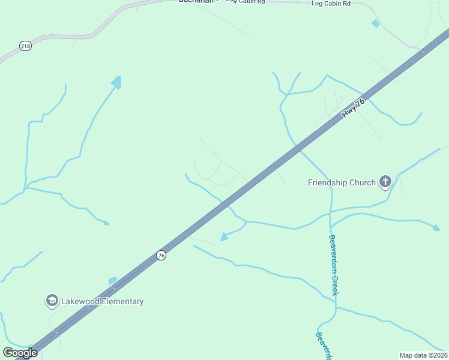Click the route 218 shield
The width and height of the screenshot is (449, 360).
point(25,46)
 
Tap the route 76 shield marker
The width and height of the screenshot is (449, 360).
point(161,255)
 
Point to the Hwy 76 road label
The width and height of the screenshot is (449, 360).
point(354,107)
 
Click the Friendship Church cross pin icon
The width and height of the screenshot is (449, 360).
point(385,182)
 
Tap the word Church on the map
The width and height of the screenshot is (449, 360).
point(363,182)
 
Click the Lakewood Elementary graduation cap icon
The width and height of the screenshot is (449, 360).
point(52,301)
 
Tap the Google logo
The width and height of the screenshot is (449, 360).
point(20,353)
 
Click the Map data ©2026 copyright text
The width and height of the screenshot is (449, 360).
point(423,355)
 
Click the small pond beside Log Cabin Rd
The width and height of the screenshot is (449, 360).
point(375,23)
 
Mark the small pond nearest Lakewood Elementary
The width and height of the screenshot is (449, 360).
point(113,280)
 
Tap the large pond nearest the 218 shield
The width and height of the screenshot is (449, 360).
point(116,82)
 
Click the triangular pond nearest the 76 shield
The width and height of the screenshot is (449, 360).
point(224,237)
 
